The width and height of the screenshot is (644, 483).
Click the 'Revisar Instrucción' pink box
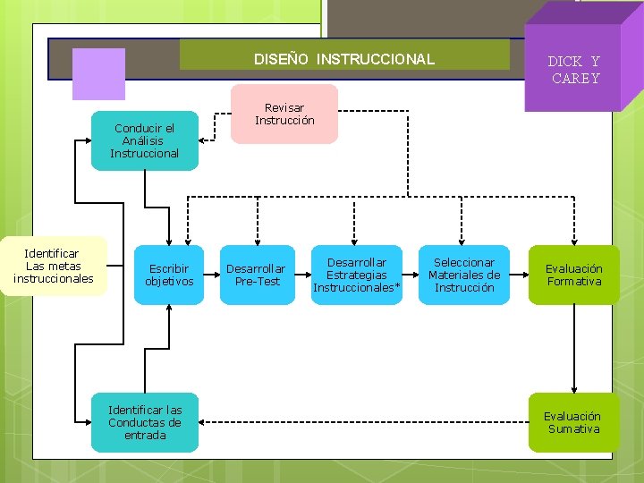284,114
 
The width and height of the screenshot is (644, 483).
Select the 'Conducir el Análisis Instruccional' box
145,140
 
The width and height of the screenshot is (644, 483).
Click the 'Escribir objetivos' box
169,275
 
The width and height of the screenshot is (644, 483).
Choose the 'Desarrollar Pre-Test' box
257,275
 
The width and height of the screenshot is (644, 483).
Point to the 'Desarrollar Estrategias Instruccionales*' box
357,275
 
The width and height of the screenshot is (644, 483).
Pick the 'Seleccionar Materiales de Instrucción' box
464,275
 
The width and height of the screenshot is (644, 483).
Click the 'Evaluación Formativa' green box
574,275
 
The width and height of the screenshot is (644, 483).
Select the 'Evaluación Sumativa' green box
573,422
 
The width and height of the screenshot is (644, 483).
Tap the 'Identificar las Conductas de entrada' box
145,422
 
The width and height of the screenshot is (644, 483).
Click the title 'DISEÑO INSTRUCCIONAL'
344,60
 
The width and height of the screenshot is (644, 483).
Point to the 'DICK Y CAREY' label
574,70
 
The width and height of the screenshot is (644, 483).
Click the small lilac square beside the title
98,73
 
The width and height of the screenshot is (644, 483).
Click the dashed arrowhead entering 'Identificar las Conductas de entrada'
205,422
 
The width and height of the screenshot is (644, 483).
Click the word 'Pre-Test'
257,281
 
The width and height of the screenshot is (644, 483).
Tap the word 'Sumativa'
574,429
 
